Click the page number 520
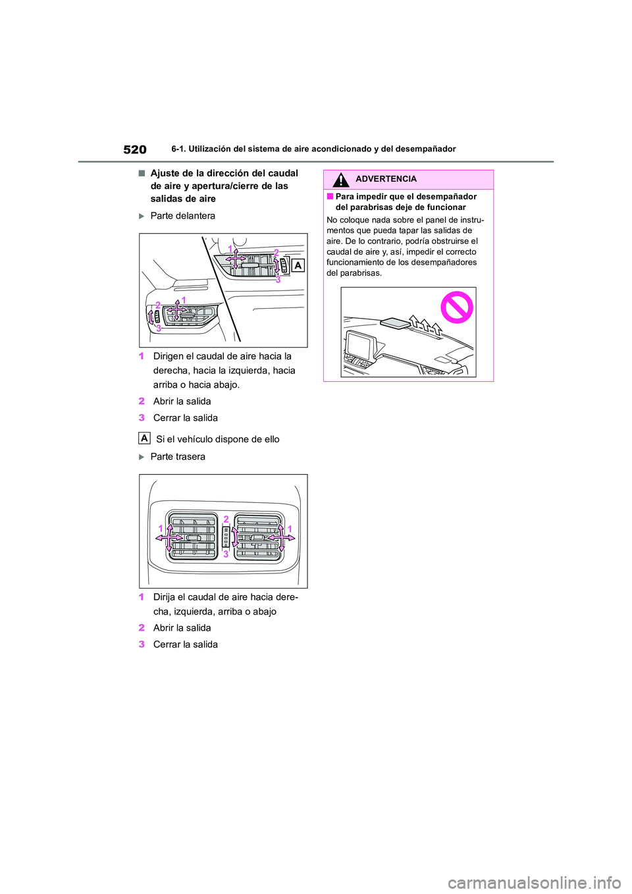pos(135,149)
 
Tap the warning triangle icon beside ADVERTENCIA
pos(340,179)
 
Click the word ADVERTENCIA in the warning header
pos(386,179)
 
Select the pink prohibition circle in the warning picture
pos(457,307)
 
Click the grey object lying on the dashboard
pos(394,322)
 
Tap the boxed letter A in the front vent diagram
pos(298,265)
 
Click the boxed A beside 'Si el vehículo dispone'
pos(144,438)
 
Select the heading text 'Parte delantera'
pos(182,216)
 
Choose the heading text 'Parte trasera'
pos(178,457)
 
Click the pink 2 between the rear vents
pos(226,519)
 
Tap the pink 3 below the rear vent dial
pos(226,554)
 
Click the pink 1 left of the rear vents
pos(160,529)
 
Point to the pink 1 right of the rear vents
pos(290,529)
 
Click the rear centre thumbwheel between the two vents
pos(226,537)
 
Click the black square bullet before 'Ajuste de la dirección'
pos(142,173)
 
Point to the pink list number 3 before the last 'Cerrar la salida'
pos(142,644)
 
